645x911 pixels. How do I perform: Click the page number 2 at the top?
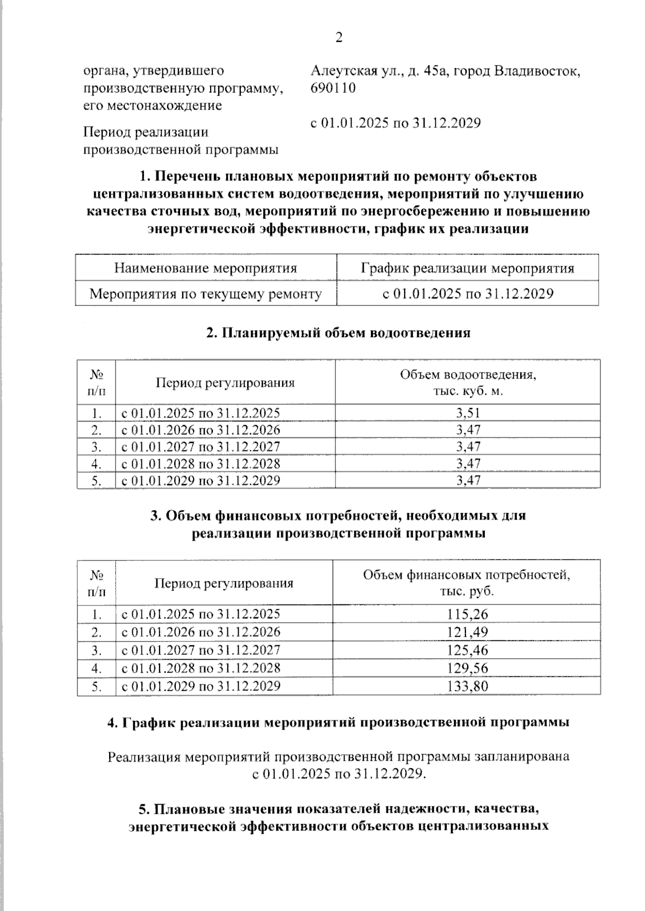tap(338, 38)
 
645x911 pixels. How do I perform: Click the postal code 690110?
tap(333, 88)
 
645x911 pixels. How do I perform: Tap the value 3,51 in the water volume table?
tap(467, 413)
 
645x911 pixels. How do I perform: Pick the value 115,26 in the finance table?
tap(467, 614)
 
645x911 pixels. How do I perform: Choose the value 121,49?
tap(467, 632)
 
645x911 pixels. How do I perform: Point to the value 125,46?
tap(467, 651)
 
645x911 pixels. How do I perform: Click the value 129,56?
tap(467, 669)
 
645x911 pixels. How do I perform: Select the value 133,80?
tap(467, 687)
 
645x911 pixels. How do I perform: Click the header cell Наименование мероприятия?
tap(206, 268)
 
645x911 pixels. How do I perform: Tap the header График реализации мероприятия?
tap(467, 268)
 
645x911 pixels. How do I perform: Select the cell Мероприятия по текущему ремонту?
tap(206, 294)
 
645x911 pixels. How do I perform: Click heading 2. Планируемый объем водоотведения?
tap(338, 333)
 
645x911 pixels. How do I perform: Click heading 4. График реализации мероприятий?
tap(338, 723)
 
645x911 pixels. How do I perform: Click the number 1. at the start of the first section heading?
tap(145, 176)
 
